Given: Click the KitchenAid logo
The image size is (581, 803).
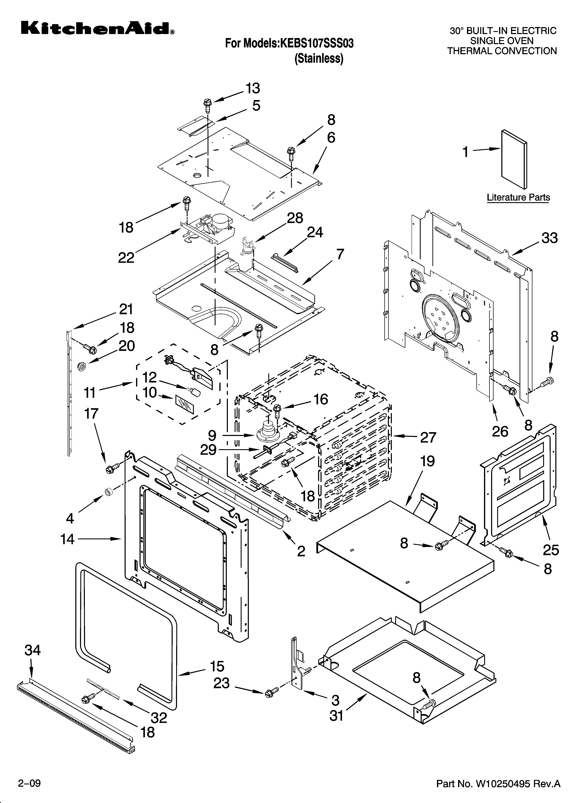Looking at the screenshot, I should (x=97, y=28).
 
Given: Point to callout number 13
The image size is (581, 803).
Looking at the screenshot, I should (x=253, y=88).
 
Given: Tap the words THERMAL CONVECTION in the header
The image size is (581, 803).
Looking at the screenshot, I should (x=502, y=51).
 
